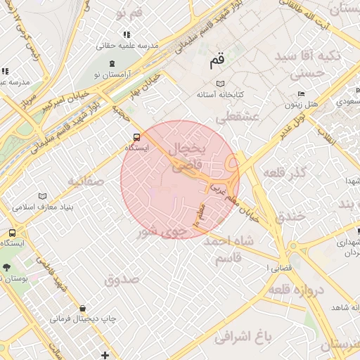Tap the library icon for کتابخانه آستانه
tap(201, 83)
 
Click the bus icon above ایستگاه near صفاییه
tap(135, 138)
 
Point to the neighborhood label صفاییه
tap(86, 181)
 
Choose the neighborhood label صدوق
tap(122, 280)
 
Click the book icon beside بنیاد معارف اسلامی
tap(42, 196)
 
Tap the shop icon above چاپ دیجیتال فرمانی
tap(83, 308)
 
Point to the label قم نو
tap(110, 14)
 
